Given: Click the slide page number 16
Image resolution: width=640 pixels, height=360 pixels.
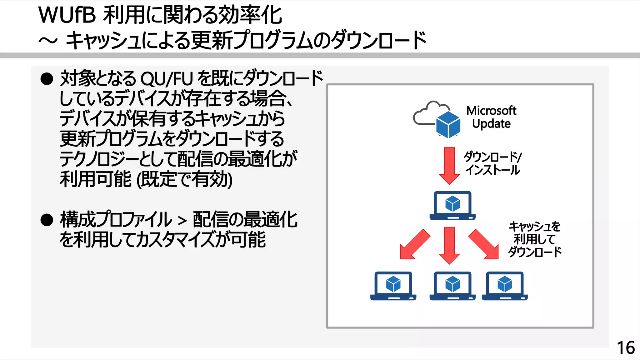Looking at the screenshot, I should (626, 347).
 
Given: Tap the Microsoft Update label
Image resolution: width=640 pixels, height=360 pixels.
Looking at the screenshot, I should (491, 117).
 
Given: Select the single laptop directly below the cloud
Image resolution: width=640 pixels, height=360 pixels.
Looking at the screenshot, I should (452, 206).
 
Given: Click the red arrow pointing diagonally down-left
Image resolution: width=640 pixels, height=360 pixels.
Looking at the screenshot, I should (415, 244).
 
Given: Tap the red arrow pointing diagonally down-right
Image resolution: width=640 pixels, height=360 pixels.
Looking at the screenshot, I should (484, 244).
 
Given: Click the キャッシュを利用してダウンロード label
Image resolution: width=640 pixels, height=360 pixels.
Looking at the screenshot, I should (535, 239).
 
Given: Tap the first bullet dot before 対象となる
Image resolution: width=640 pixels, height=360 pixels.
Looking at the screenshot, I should (47, 79).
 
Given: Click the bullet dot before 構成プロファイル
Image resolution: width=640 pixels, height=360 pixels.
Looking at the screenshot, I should (47, 220).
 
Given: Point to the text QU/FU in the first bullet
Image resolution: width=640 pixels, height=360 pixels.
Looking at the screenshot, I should (167, 79).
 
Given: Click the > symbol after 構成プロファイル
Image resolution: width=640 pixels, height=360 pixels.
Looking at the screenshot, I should (182, 221).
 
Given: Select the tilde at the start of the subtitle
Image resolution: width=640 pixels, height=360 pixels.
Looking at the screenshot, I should (48, 41).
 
